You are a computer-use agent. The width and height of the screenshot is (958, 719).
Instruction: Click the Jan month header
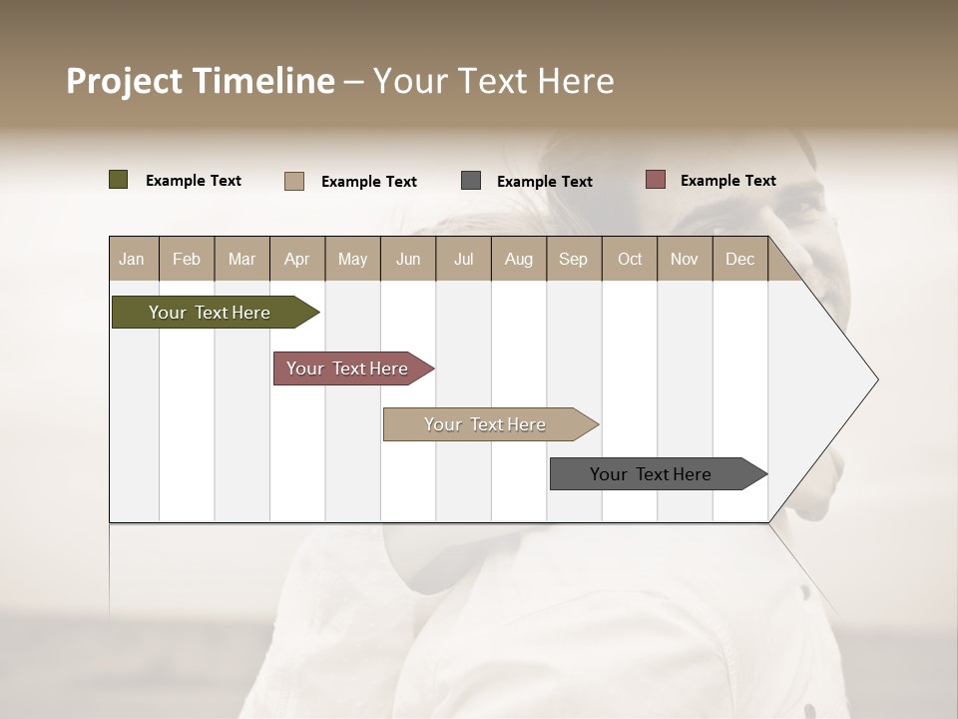[x=132, y=259]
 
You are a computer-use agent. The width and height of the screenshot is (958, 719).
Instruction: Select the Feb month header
[x=187, y=259]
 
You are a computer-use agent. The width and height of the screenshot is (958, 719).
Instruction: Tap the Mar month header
[x=241, y=259]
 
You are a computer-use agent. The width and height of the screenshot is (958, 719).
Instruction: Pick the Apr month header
[x=297, y=259]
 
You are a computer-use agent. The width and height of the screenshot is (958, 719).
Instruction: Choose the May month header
[x=352, y=259]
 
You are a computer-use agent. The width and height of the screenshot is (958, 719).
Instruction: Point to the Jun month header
[x=408, y=259]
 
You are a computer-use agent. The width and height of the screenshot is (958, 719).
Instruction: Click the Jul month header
[x=463, y=259]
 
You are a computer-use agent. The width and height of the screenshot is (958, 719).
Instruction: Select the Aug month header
[x=519, y=259]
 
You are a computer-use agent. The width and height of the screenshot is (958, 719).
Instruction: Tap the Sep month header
[x=574, y=259]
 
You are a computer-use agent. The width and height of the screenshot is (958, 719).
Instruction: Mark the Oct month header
[x=630, y=259]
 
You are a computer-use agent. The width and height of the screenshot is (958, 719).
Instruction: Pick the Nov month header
[x=685, y=259]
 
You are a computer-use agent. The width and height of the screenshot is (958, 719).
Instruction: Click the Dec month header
[x=740, y=259]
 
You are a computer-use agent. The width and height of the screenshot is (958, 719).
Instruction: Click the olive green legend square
[x=119, y=180]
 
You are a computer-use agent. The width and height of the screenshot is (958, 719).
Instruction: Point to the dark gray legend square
[x=471, y=180]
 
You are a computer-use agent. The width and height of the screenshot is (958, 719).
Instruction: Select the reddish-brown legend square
[x=655, y=180]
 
